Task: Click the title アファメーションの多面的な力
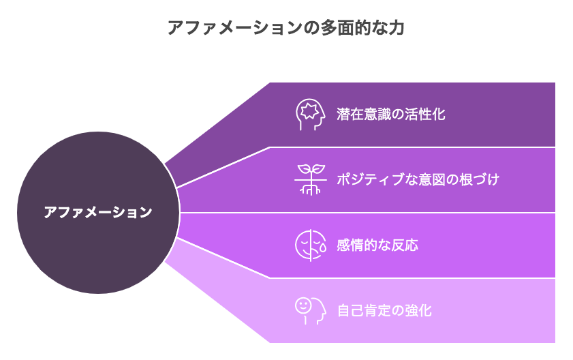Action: click(x=285, y=28)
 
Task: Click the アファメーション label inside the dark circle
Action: click(x=98, y=212)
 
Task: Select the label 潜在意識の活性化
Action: click(x=390, y=114)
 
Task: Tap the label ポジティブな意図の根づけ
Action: click(x=418, y=179)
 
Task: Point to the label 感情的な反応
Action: click(x=377, y=245)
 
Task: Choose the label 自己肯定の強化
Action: click(x=384, y=311)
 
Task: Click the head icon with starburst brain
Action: click(x=310, y=115)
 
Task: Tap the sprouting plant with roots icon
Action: click(x=310, y=179)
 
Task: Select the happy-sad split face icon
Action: click(x=310, y=245)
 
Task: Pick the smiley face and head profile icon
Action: click(x=310, y=311)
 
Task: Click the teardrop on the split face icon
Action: click(x=323, y=247)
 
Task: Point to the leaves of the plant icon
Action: click(x=311, y=169)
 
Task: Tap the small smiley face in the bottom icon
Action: click(x=303, y=305)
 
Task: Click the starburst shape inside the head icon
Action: click(x=309, y=111)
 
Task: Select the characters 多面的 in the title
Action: click(x=345, y=28)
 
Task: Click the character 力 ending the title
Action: click(x=396, y=28)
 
